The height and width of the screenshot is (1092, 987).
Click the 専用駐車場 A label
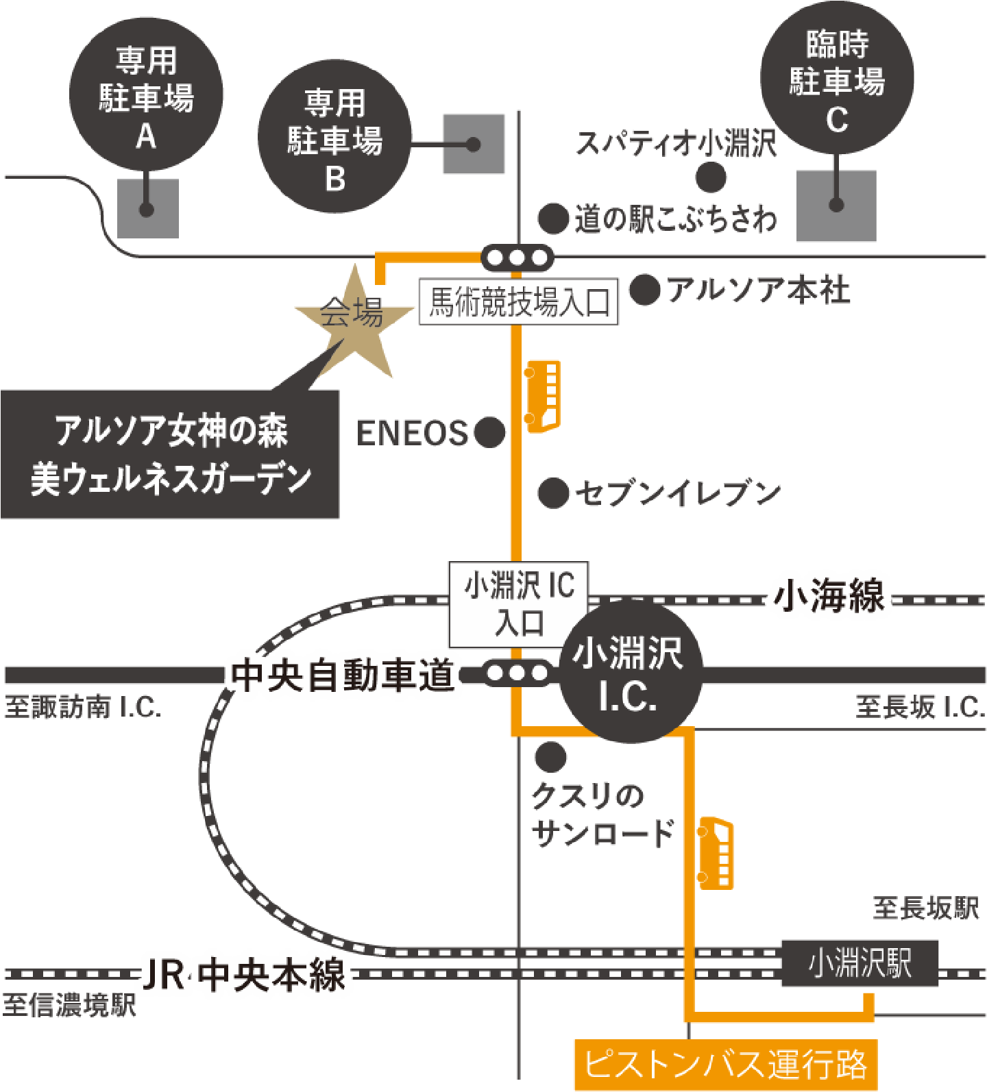pyautogui.click(x=146, y=98)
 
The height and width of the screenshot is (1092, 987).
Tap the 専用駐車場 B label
pyautogui.click(x=334, y=140)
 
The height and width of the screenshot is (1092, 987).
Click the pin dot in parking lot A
pyautogui.click(x=146, y=209)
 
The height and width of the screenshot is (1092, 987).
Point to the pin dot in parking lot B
pyautogui.click(x=473, y=145)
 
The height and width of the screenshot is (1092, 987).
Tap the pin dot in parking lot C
pyautogui.click(x=836, y=204)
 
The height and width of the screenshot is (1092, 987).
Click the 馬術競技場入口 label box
pyautogui.click(x=518, y=302)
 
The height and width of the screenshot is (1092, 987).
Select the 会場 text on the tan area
pyautogui.click(x=352, y=314)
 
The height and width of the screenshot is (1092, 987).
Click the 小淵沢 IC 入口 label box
pyautogui.click(x=519, y=604)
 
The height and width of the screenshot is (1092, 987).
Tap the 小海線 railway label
pyautogui.click(x=829, y=595)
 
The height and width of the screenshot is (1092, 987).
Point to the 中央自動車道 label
pyautogui.click(x=343, y=675)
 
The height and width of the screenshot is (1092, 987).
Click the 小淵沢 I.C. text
pyautogui.click(x=627, y=675)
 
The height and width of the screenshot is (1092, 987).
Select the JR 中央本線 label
pyautogui.click(x=244, y=975)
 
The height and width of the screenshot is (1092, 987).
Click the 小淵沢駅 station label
pyautogui.click(x=860, y=963)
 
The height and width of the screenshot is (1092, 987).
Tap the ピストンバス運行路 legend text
pyautogui.click(x=725, y=1064)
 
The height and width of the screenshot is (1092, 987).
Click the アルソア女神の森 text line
pyautogui.click(x=171, y=430)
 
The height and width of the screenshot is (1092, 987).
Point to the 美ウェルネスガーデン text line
pyautogui.click(x=171, y=478)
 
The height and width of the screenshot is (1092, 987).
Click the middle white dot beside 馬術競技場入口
pyautogui.click(x=516, y=258)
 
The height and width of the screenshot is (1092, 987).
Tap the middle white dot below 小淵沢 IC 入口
pyautogui.click(x=517, y=673)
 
